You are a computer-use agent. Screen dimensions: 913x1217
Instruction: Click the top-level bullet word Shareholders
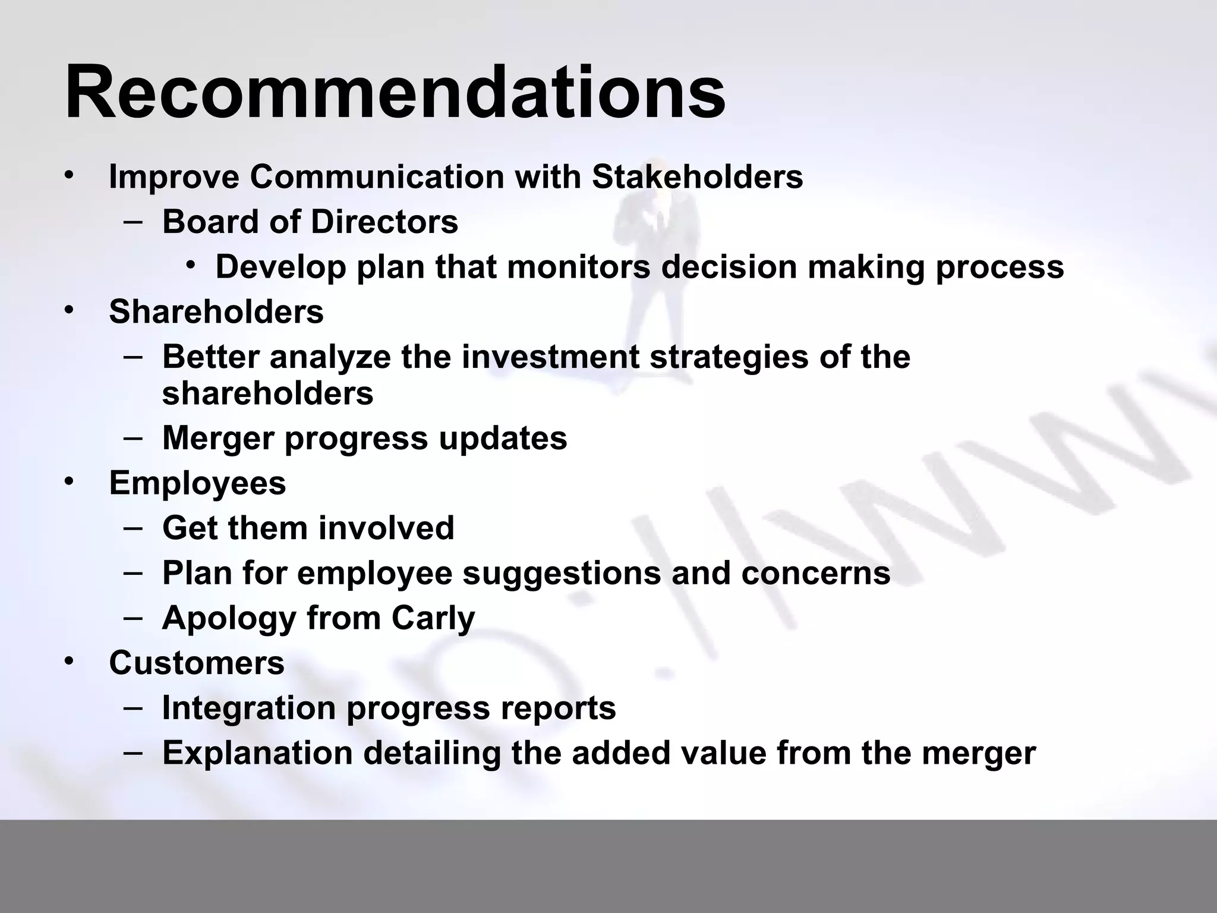[216, 311]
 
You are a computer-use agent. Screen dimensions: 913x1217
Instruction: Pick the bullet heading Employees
[197, 483]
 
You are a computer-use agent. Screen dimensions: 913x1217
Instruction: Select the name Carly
[433, 619]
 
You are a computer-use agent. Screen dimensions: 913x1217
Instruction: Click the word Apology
[229, 619]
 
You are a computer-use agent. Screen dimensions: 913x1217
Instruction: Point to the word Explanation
[257, 754]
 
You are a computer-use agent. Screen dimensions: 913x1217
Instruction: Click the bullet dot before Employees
[70, 480]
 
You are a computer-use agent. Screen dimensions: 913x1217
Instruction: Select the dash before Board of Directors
[133, 222]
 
